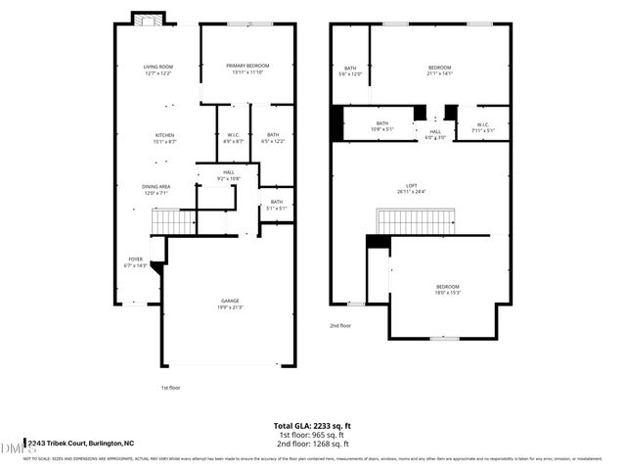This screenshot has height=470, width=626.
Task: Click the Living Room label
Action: (x=157, y=70)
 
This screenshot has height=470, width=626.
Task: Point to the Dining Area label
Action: (x=157, y=189)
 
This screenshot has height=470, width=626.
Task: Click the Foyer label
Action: (x=135, y=262)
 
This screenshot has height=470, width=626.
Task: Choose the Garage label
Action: (x=230, y=304)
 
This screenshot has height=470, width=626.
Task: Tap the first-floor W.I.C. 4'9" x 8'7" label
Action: (x=234, y=138)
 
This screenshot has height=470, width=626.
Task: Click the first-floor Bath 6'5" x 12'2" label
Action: (x=272, y=138)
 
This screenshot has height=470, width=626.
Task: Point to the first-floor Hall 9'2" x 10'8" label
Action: (x=228, y=175)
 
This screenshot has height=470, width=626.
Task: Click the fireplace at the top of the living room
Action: (x=149, y=22)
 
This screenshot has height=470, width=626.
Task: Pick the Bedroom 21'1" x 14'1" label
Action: (x=439, y=70)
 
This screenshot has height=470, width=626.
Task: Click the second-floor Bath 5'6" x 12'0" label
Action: (x=349, y=70)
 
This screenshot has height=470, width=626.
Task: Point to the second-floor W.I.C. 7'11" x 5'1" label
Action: (x=483, y=127)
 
